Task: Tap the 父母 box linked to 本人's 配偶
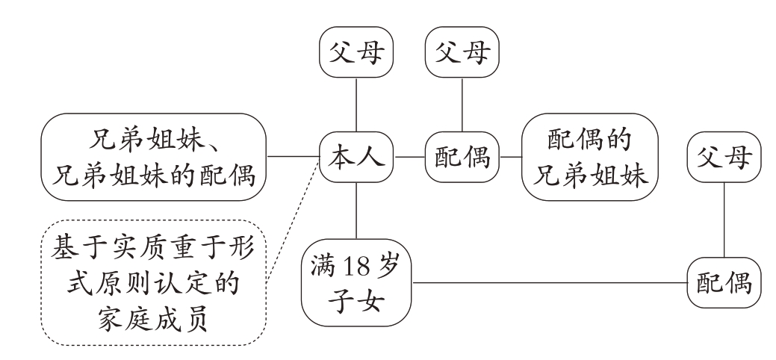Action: click(462, 55)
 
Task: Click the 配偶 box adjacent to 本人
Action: click(462, 157)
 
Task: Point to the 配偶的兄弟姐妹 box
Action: click(590, 157)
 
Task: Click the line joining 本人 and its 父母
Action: click(356, 105)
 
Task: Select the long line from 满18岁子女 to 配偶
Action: click(549, 283)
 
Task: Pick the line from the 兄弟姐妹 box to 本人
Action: click(293, 157)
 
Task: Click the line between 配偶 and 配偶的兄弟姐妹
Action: click(510, 157)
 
